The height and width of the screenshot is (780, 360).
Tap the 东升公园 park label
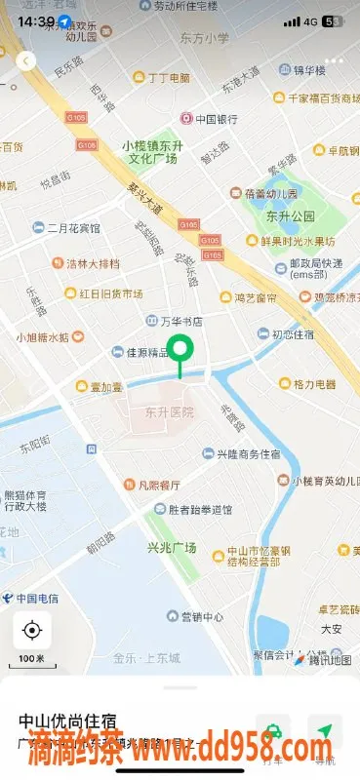coord(289,214)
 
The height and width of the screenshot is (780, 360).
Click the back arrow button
coord(26,60)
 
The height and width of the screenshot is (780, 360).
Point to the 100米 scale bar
coord(32,659)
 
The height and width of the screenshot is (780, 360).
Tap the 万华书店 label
coord(180,320)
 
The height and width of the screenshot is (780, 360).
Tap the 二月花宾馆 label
coord(73,228)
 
